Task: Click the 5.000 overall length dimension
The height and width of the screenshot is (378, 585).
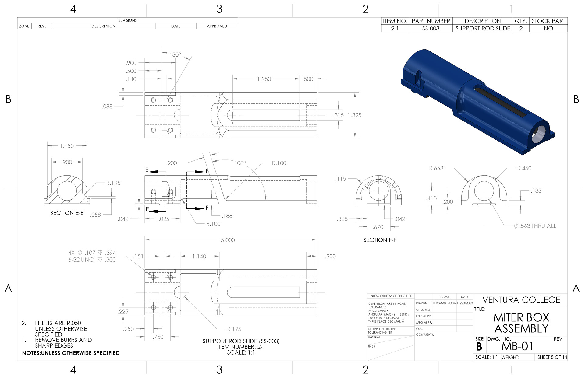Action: [228, 240]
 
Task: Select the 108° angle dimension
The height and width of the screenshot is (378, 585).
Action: [240, 163]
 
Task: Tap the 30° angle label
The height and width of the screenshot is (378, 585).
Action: [176, 55]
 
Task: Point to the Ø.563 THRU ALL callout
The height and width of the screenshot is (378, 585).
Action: [535, 226]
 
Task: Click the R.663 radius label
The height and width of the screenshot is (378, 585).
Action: [436, 168]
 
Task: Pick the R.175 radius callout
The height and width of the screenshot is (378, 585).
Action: [234, 329]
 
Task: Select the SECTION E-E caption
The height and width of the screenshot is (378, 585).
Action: [67, 213]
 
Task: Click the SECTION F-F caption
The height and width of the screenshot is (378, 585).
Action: [380, 240]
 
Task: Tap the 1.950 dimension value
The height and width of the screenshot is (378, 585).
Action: [264, 79]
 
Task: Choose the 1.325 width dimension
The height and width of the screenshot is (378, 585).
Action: [354, 115]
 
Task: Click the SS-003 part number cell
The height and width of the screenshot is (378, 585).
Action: [431, 29]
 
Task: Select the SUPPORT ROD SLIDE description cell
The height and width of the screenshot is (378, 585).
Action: [483, 29]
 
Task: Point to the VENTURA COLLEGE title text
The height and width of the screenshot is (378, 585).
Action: [521, 300]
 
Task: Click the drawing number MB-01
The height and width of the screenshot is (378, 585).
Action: [517, 346]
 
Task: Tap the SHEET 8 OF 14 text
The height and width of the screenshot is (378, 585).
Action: [552, 357]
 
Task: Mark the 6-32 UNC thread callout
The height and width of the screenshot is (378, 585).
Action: [81, 260]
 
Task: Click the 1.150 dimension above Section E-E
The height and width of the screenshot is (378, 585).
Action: [66, 146]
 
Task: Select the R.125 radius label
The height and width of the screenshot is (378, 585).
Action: [113, 183]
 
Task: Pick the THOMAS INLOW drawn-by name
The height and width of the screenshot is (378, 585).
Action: [444, 303]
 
